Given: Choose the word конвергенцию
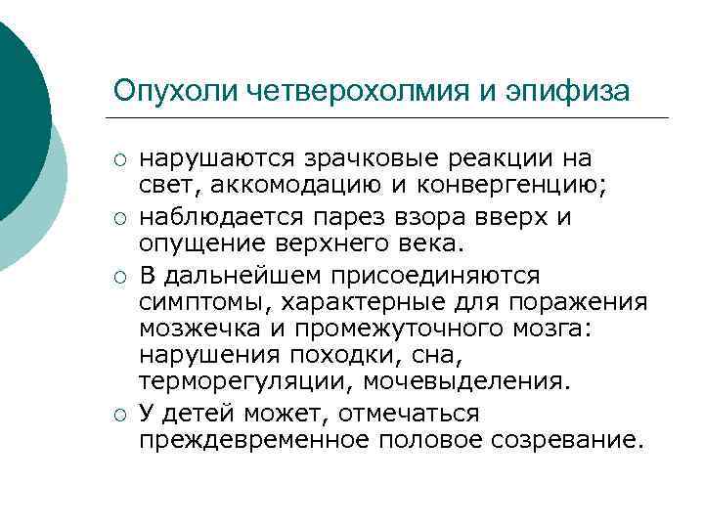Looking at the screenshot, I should (528, 187).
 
